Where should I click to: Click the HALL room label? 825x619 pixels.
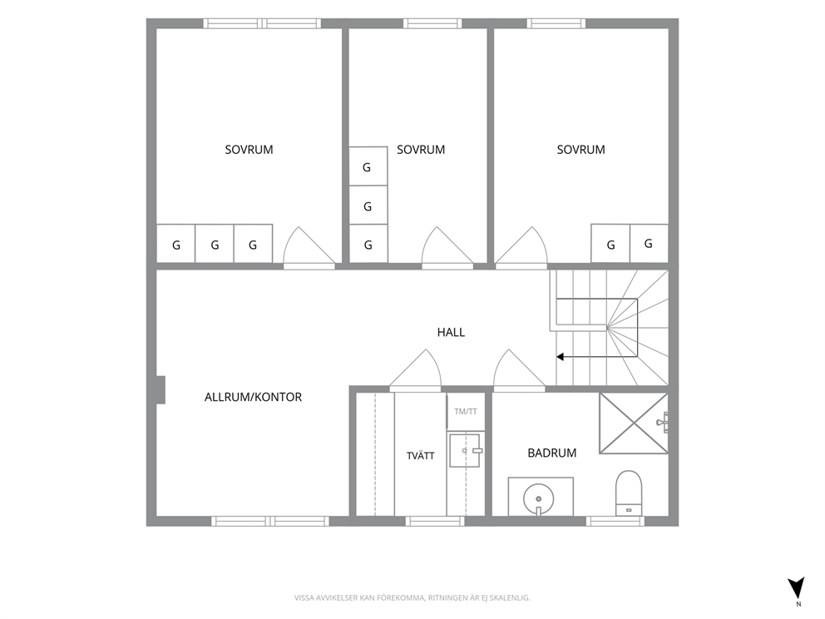pyautogui.click(x=451, y=332)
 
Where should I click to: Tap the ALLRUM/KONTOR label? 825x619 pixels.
pyautogui.click(x=253, y=397)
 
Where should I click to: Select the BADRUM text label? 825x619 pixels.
pyautogui.click(x=552, y=453)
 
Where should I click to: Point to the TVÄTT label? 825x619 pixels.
pyautogui.click(x=420, y=455)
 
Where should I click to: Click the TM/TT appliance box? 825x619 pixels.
pyautogui.click(x=466, y=412)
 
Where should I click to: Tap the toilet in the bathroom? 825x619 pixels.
pyautogui.click(x=629, y=493)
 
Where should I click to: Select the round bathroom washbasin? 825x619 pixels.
pyautogui.click(x=538, y=498)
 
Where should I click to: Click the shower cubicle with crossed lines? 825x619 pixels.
pyautogui.click(x=634, y=423)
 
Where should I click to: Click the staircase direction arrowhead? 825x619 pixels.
pyautogui.click(x=561, y=357)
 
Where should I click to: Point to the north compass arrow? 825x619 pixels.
pyautogui.click(x=797, y=587)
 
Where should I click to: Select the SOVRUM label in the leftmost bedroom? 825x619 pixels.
pyautogui.click(x=249, y=150)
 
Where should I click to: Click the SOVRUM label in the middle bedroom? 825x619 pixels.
pyautogui.click(x=421, y=150)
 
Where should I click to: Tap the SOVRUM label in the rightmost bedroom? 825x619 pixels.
pyautogui.click(x=580, y=150)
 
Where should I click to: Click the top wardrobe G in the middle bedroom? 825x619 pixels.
pyautogui.click(x=368, y=166)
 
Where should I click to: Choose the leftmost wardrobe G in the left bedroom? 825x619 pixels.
pyautogui.click(x=175, y=244)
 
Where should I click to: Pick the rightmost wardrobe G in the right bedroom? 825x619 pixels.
pyautogui.click(x=649, y=244)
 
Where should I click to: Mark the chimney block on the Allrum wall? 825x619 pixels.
pyautogui.click(x=161, y=390)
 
